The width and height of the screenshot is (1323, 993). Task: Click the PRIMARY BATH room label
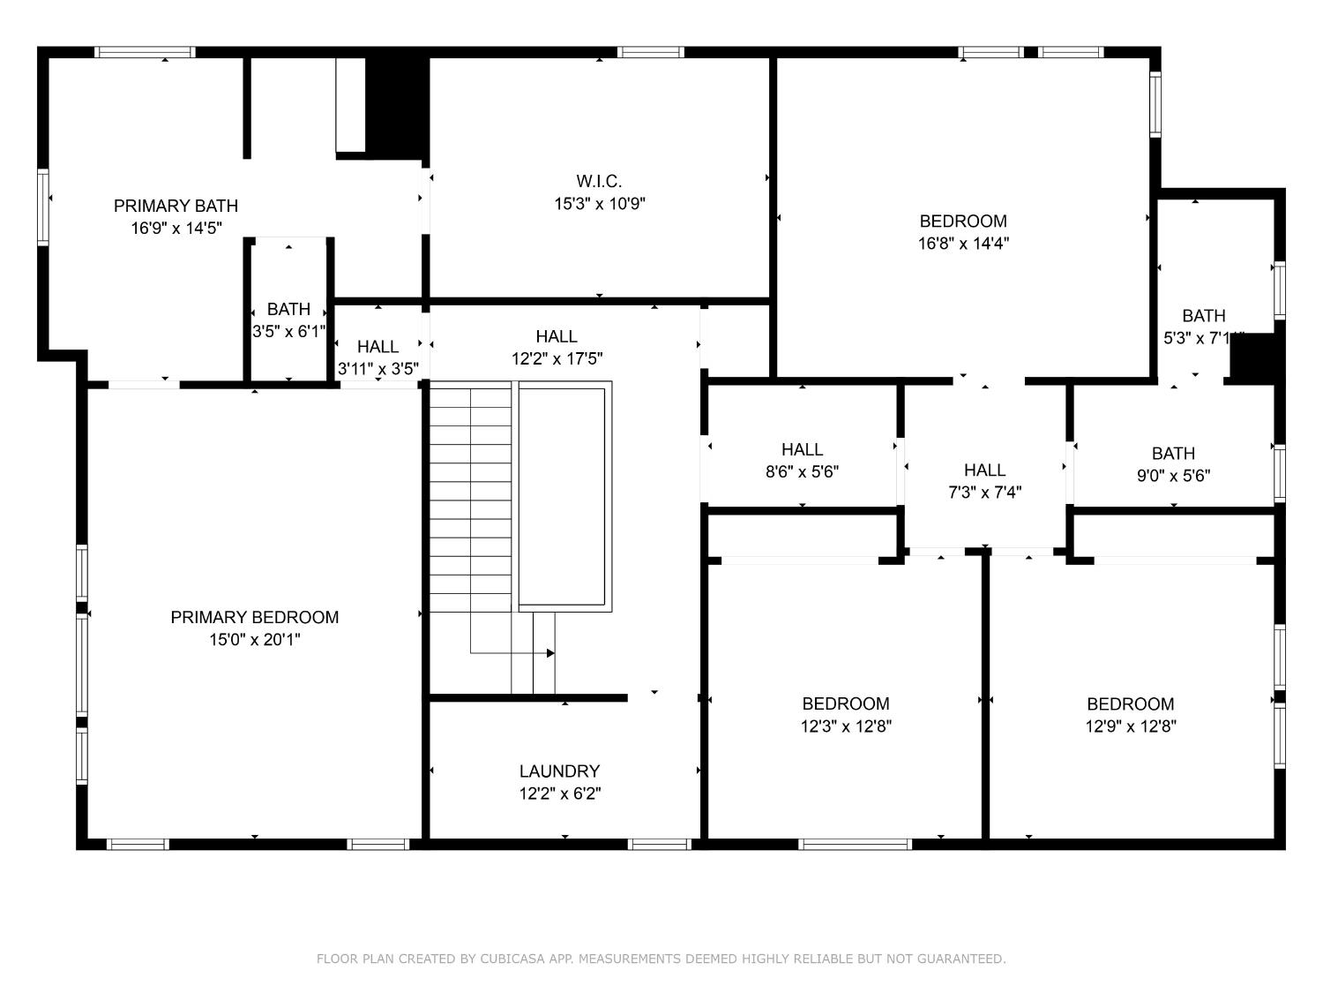tap(176, 206)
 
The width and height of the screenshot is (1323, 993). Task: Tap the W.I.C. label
tap(599, 181)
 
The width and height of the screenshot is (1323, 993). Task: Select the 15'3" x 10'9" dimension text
tap(599, 204)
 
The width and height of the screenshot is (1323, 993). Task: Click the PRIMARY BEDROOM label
tap(254, 617)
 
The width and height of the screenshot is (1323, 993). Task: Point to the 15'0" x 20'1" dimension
tap(254, 640)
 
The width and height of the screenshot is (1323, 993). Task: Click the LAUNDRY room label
tap(559, 771)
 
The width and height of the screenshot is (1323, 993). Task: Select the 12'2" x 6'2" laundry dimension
tap(559, 794)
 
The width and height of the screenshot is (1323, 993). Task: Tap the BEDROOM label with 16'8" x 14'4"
tap(963, 221)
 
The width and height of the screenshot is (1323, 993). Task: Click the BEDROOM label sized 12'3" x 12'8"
tap(846, 703)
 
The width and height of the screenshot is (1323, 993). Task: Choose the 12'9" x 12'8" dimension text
tap(1130, 726)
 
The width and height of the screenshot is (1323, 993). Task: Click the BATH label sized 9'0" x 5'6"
tap(1173, 453)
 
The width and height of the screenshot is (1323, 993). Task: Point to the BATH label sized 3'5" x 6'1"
tap(288, 309)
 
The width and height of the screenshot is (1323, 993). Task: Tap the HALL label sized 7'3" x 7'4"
tap(984, 470)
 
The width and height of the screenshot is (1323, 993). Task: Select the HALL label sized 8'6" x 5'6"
tap(802, 449)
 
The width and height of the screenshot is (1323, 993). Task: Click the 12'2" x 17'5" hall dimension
tap(557, 359)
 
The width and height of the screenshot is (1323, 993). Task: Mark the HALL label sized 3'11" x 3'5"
tap(377, 346)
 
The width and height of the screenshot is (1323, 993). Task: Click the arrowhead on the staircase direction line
tap(550, 653)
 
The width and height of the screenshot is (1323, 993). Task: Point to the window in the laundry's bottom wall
tap(659, 845)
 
